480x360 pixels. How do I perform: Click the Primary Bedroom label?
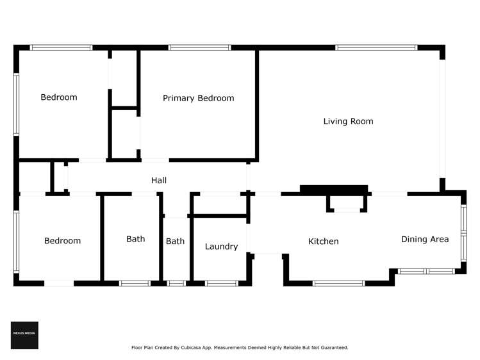click(x=198, y=98)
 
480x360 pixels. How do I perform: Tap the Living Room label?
click(x=348, y=121)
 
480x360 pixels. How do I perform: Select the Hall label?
click(x=159, y=181)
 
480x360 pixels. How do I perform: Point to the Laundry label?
click(x=221, y=247)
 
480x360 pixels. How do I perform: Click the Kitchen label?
click(x=323, y=241)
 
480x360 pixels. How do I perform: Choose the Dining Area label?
click(x=424, y=239)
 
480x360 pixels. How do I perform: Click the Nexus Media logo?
click(x=24, y=335)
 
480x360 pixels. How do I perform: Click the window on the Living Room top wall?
click(x=376, y=47)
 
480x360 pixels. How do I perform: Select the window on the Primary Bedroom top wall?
click(x=199, y=47)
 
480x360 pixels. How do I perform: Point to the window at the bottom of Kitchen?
click(x=338, y=283)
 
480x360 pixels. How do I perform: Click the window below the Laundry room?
click(x=222, y=283)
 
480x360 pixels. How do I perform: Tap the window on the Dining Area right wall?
click(x=463, y=233)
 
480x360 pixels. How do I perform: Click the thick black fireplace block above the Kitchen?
click(x=334, y=190)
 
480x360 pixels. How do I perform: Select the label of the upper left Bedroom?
click(x=59, y=97)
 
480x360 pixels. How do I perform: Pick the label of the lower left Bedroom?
click(x=62, y=241)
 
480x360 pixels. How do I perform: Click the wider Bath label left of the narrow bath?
click(x=135, y=239)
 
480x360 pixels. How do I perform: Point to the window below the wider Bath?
click(x=135, y=283)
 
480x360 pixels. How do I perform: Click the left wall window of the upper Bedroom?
click(x=16, y=104)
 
